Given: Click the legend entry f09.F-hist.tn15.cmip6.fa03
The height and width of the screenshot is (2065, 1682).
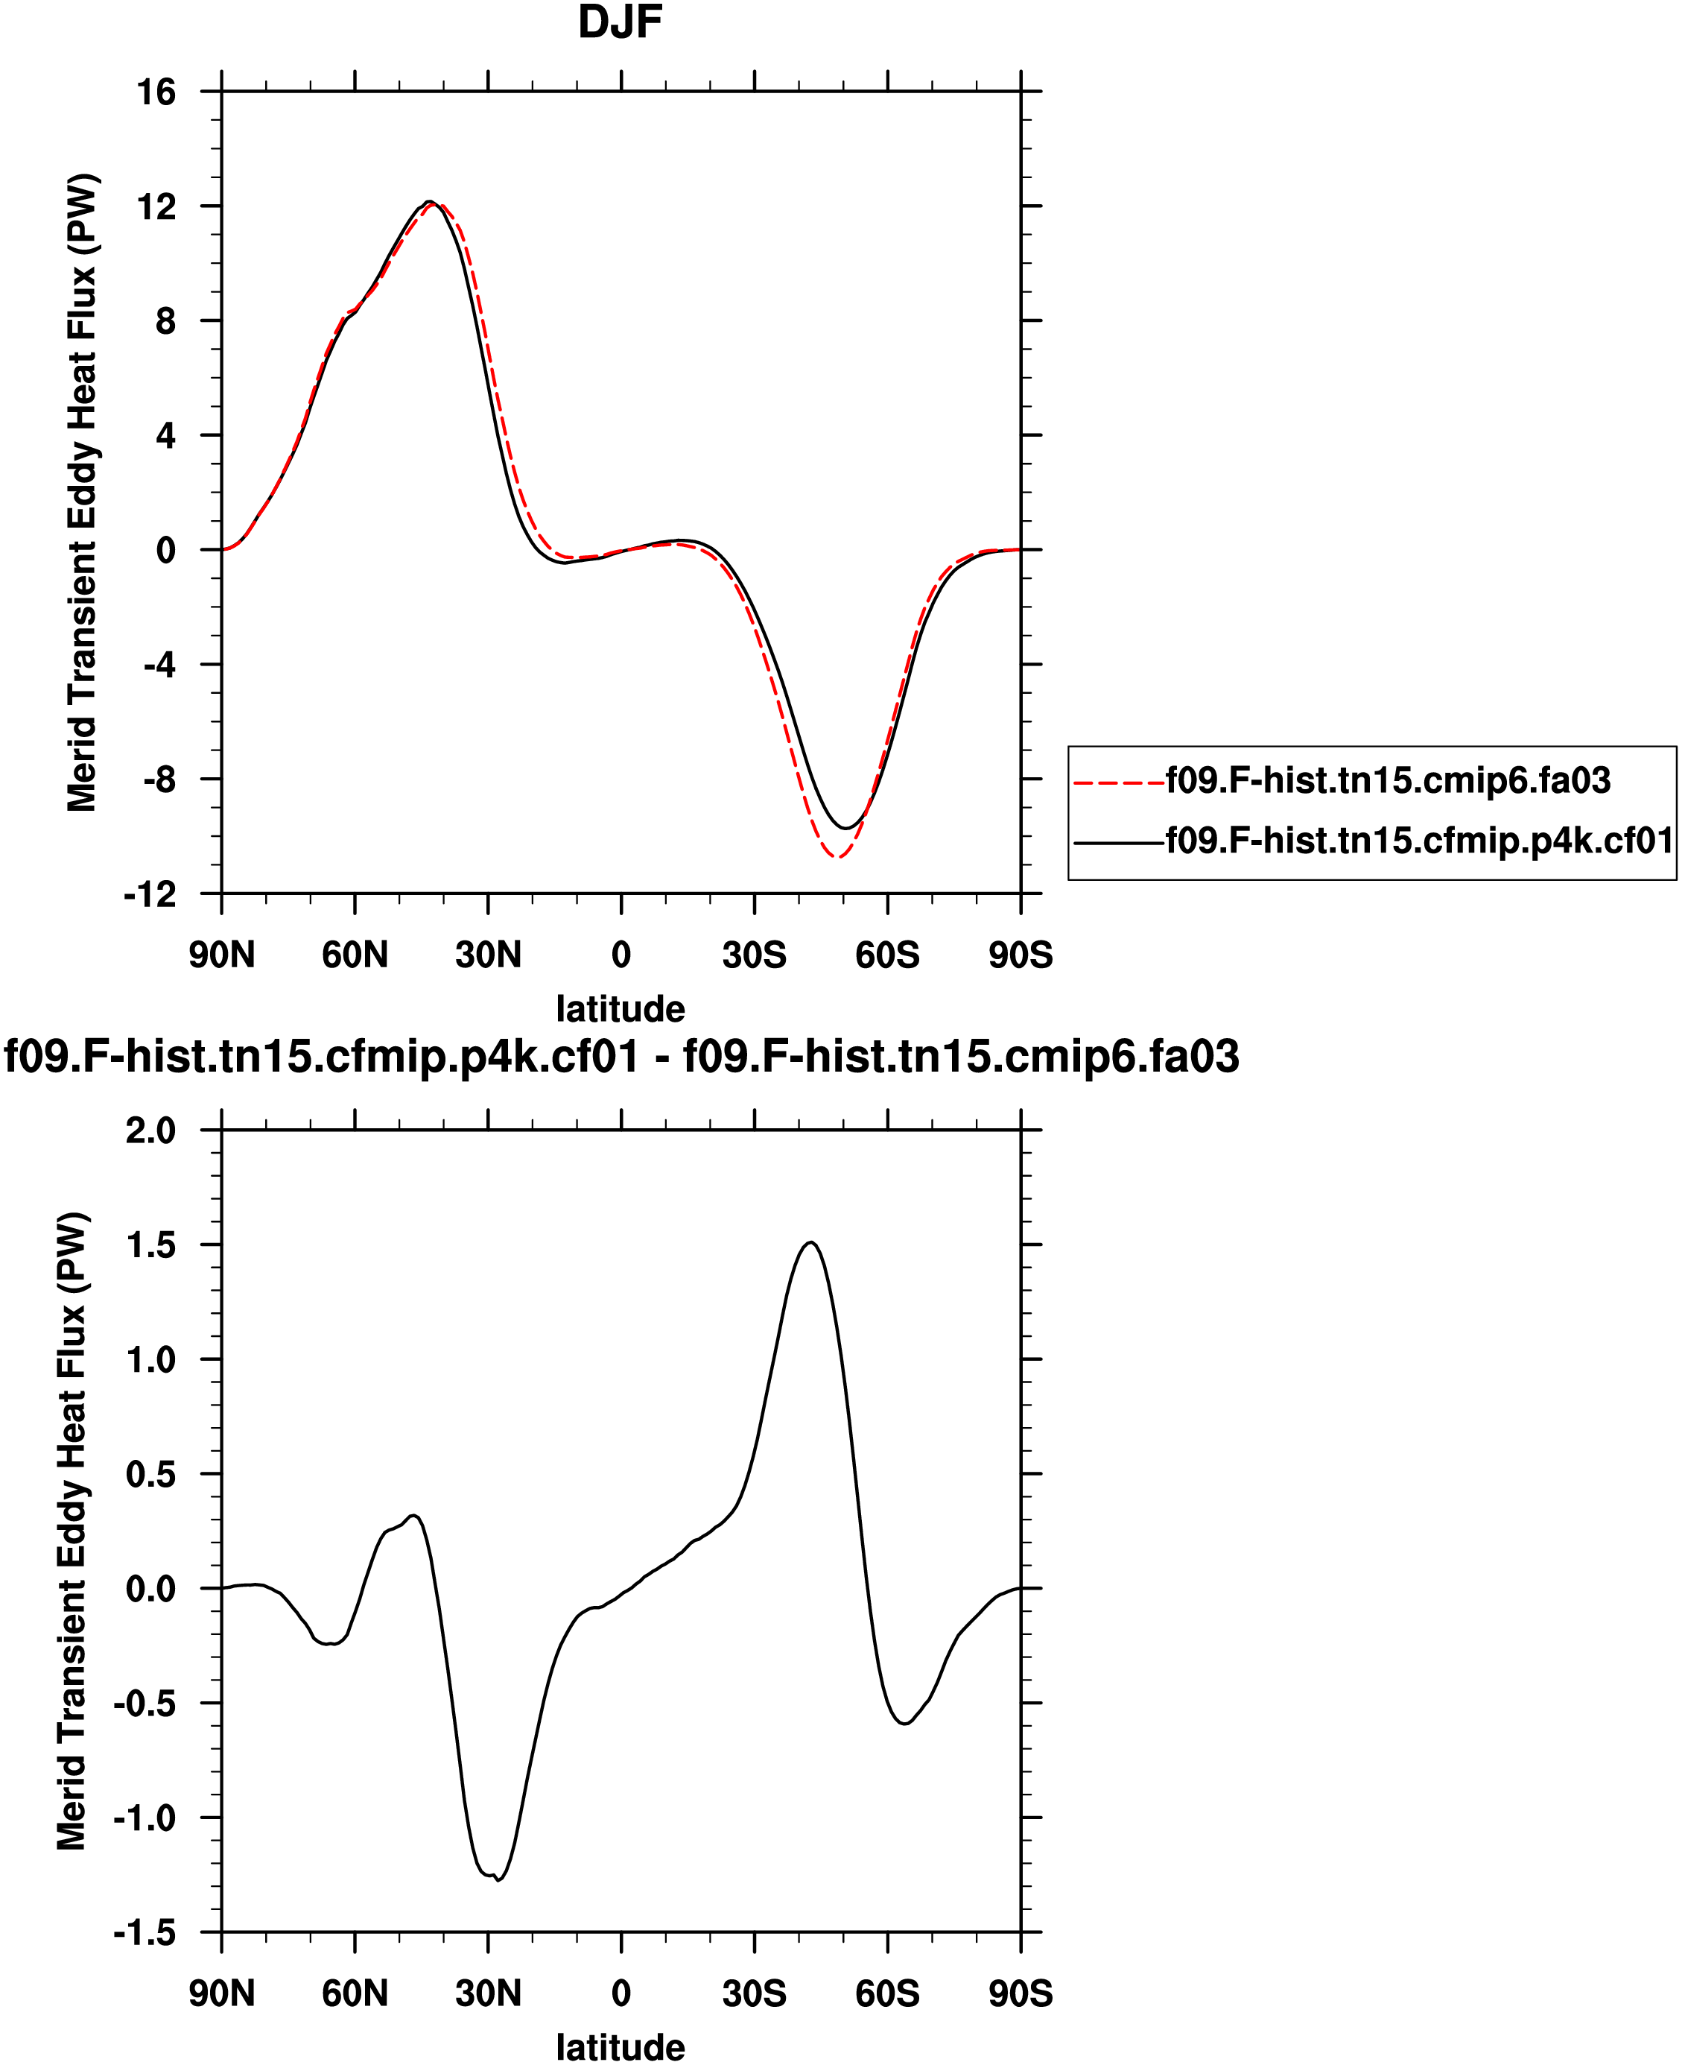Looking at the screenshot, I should (x=1388, y=780).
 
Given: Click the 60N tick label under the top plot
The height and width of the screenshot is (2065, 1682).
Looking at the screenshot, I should (x=355, y=955).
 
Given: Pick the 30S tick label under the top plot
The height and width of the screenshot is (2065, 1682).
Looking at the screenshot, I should (x=754, y=955).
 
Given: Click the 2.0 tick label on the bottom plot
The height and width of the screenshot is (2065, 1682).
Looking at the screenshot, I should (x=151, y=1130).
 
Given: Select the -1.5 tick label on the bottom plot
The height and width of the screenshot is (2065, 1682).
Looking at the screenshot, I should (x=145, y=1933).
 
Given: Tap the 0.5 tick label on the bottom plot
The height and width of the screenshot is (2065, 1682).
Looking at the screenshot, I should (x=151, y=1474).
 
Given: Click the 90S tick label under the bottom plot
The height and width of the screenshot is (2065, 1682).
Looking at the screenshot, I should (x=1021, y=1994).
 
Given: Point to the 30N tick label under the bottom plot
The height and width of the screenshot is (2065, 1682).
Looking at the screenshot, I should (x=489, y=1994).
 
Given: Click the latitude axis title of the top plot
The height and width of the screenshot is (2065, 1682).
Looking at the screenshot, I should (x=620, y=1009).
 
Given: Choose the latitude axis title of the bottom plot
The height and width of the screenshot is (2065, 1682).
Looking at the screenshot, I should (x=620, y=2048).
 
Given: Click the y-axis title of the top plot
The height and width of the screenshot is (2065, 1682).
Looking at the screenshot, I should (x=83, y=493).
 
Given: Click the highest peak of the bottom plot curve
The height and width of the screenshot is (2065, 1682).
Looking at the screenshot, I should (x=811, y=1242).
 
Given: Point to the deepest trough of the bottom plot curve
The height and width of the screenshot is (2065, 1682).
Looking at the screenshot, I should (x=498, y=1880).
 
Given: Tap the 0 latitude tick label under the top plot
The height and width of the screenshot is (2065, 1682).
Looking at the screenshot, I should (x=621, y=955).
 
